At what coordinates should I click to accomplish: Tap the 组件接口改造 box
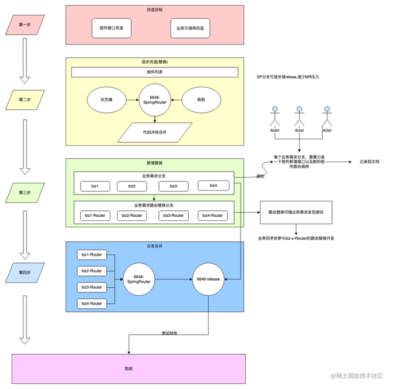(111, 28)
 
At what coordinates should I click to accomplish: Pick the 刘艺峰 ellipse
(106, 100)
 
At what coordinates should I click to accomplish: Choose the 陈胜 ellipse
(201, 100)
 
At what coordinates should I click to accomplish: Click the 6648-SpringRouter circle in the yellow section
(154, 100)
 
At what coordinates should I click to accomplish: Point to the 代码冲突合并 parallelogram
(154, 132)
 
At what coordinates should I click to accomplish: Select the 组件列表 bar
(155, 72)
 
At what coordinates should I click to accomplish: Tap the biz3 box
(173, 186)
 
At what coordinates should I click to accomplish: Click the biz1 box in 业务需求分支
(95, 186)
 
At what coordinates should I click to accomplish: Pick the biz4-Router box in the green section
(212, 215)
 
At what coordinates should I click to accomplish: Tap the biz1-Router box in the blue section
(92, 254)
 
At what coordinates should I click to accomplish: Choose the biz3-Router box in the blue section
(92, 287)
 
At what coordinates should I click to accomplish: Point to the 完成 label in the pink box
(128, 368)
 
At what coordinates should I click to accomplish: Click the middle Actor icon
(299, 109)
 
